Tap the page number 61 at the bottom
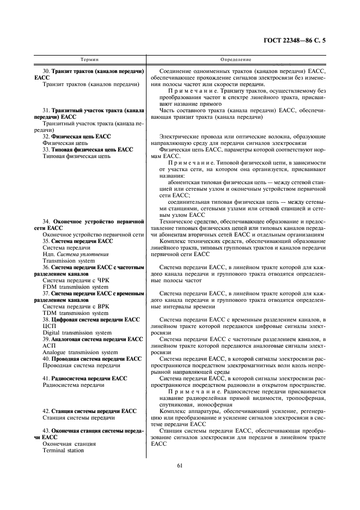[x=179, y=464]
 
